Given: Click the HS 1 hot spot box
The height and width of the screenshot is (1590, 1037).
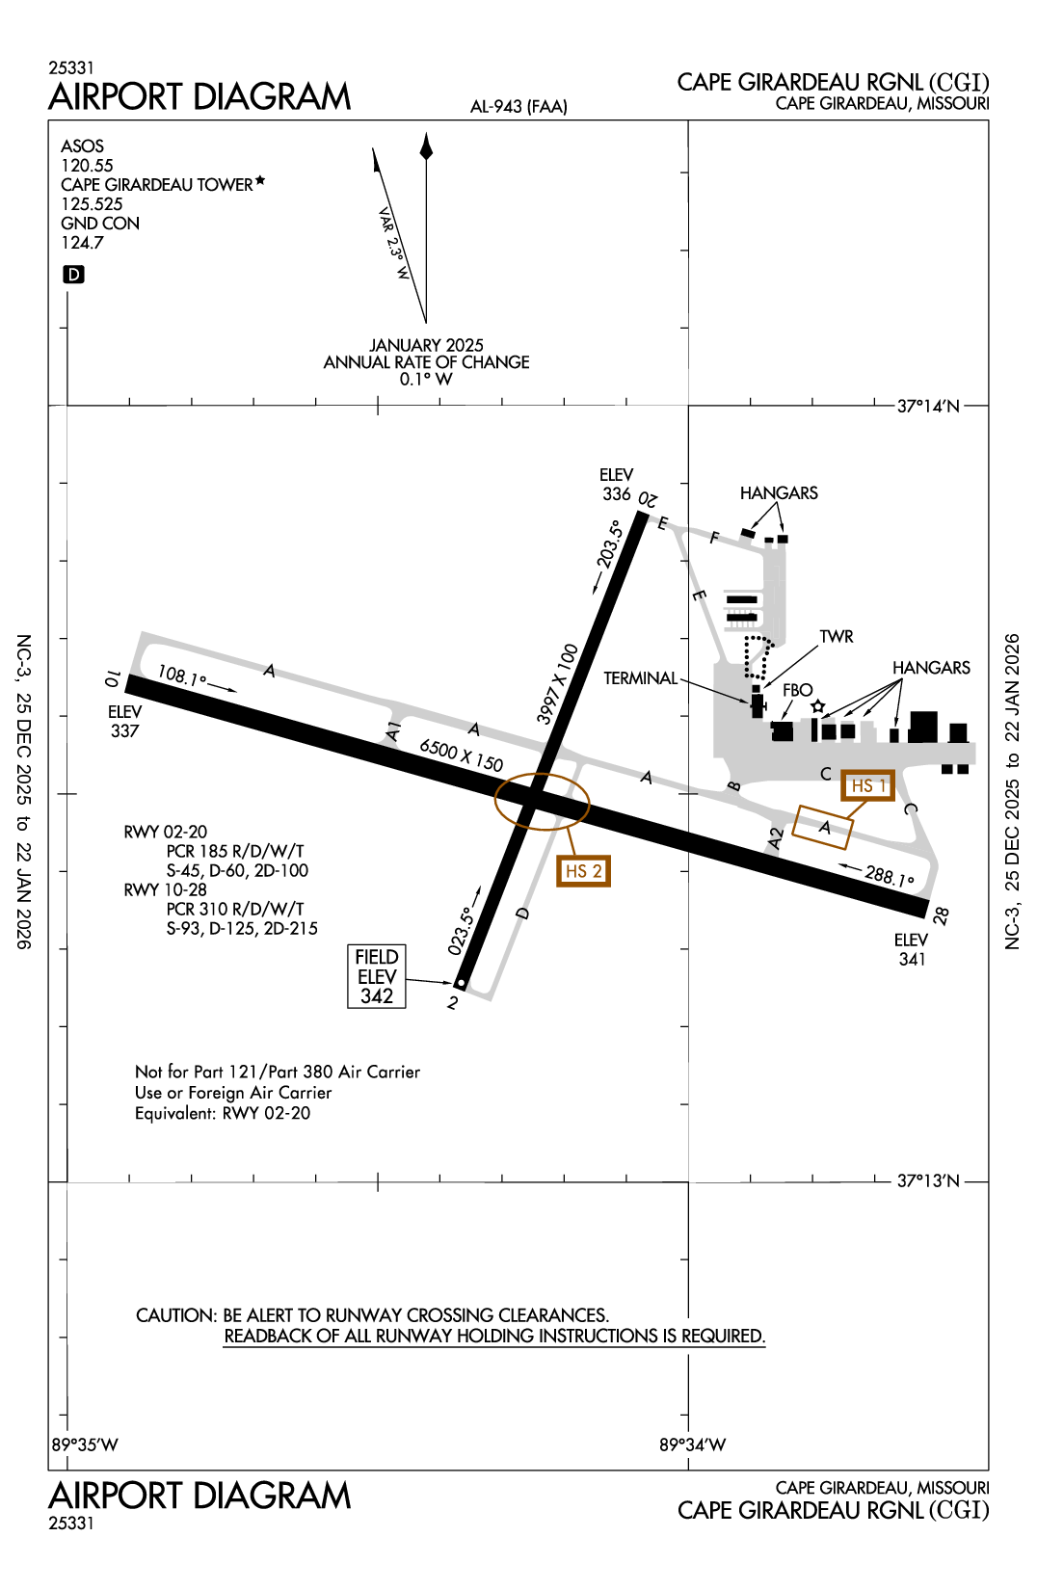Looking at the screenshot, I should (867, 786).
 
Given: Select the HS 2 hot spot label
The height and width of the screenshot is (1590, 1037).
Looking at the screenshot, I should (583, 871).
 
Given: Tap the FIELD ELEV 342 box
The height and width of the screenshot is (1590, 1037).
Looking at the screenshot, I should (377, 976).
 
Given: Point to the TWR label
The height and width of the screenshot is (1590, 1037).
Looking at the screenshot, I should (837, 637).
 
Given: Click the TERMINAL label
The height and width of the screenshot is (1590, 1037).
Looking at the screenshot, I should (641, 678).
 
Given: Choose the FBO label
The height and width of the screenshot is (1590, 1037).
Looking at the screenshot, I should (797, 690).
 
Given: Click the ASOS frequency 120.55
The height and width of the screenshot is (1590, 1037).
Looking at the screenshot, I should (87, 166).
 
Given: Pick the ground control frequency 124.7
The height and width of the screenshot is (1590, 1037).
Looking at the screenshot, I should (82, 243).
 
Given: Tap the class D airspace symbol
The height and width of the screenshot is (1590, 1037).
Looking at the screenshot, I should (73, 275).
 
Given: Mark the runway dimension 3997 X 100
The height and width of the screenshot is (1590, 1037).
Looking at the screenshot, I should (558, 684).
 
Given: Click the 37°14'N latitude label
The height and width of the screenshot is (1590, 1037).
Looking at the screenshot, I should (928, 406).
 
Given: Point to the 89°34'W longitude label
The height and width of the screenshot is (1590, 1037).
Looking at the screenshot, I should (692, 1444).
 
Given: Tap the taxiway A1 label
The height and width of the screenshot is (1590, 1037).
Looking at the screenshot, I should (393, 730).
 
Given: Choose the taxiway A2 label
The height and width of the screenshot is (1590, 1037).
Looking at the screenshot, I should (776, 838).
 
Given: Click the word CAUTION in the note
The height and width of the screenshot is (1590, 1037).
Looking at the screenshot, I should (176, 1315).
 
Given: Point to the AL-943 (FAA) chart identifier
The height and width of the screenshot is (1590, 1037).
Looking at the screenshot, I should (518, 107).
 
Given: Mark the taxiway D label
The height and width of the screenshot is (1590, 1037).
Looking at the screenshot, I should (523, 913).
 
